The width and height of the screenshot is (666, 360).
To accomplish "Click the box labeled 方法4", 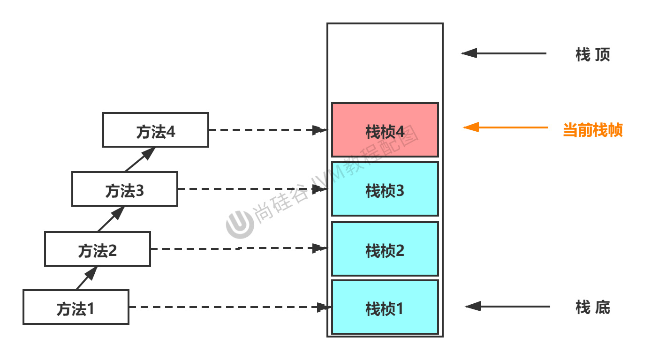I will point(156,130).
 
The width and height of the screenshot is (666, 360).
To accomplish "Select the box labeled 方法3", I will point(125,189).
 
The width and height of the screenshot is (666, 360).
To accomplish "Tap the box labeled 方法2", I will point(98,249).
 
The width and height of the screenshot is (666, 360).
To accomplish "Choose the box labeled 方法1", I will point(76,307).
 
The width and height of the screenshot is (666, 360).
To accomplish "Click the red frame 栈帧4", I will point(385,130).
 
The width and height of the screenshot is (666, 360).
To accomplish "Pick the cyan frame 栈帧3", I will point(385,189).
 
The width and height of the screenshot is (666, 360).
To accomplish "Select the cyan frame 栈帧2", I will point(385,249).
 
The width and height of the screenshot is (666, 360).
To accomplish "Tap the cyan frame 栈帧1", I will point(385,307).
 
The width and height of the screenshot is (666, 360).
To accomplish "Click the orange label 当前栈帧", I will point(592,130).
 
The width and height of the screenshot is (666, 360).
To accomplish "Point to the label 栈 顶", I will point(592,55).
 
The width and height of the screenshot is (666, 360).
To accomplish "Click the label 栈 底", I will point(592,307).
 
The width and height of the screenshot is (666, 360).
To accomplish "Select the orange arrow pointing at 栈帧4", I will point(506,127).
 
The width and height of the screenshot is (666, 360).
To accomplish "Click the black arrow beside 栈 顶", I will point(504,53).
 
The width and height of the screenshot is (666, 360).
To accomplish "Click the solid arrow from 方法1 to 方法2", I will point(87,278).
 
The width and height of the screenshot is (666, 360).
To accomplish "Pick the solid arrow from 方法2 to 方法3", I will point(111,219).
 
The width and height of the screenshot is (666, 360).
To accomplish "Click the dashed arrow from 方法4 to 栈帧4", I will point(267,130).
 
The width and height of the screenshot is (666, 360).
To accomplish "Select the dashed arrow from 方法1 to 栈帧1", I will point(230,307).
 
